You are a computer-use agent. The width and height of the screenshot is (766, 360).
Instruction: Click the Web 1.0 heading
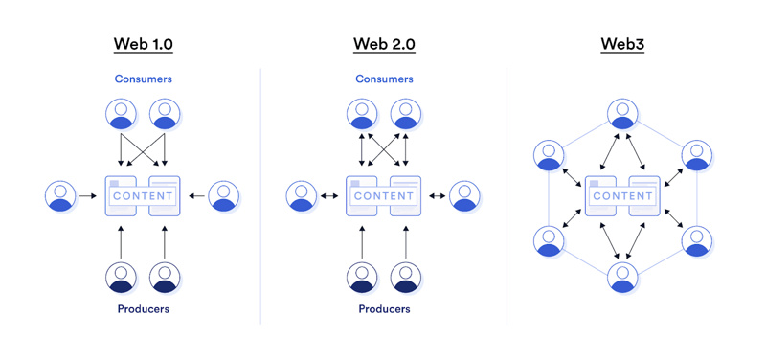coord(143,44)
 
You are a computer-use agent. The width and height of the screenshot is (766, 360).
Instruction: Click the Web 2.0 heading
coord(384,44)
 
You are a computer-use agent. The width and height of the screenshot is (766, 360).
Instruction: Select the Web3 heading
coord(622,44)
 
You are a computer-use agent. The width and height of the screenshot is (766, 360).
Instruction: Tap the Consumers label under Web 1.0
coord(143,79)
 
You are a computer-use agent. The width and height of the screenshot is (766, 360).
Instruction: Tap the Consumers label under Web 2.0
coord(384,79)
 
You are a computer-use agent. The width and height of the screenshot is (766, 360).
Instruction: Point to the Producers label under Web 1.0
coord(143,309)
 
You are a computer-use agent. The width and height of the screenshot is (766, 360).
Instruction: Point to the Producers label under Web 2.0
coord(384,309)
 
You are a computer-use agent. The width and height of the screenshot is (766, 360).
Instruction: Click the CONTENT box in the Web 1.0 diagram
coord(143,195)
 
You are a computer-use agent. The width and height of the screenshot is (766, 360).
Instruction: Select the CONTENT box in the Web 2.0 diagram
coord(384,195)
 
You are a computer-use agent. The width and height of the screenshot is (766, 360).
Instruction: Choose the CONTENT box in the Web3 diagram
coord(622,195)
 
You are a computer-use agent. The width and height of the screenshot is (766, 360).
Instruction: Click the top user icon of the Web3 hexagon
coord(622,114)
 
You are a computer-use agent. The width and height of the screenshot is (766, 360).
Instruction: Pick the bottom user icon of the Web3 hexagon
coord(622,277)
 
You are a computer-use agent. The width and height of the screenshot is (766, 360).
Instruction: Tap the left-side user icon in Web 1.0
coord(60,195)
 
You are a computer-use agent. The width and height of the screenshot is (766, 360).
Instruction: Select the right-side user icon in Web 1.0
coord(224,195)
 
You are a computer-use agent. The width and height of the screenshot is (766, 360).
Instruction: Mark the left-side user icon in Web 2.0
coord(302,195)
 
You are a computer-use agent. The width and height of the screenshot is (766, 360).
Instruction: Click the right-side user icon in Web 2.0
coord(465,195)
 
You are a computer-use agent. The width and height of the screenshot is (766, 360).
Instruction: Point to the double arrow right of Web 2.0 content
coord(437,195)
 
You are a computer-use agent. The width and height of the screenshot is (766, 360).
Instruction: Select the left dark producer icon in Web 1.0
coord(121,277)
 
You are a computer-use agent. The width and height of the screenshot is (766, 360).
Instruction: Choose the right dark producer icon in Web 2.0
coord(406,277)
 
